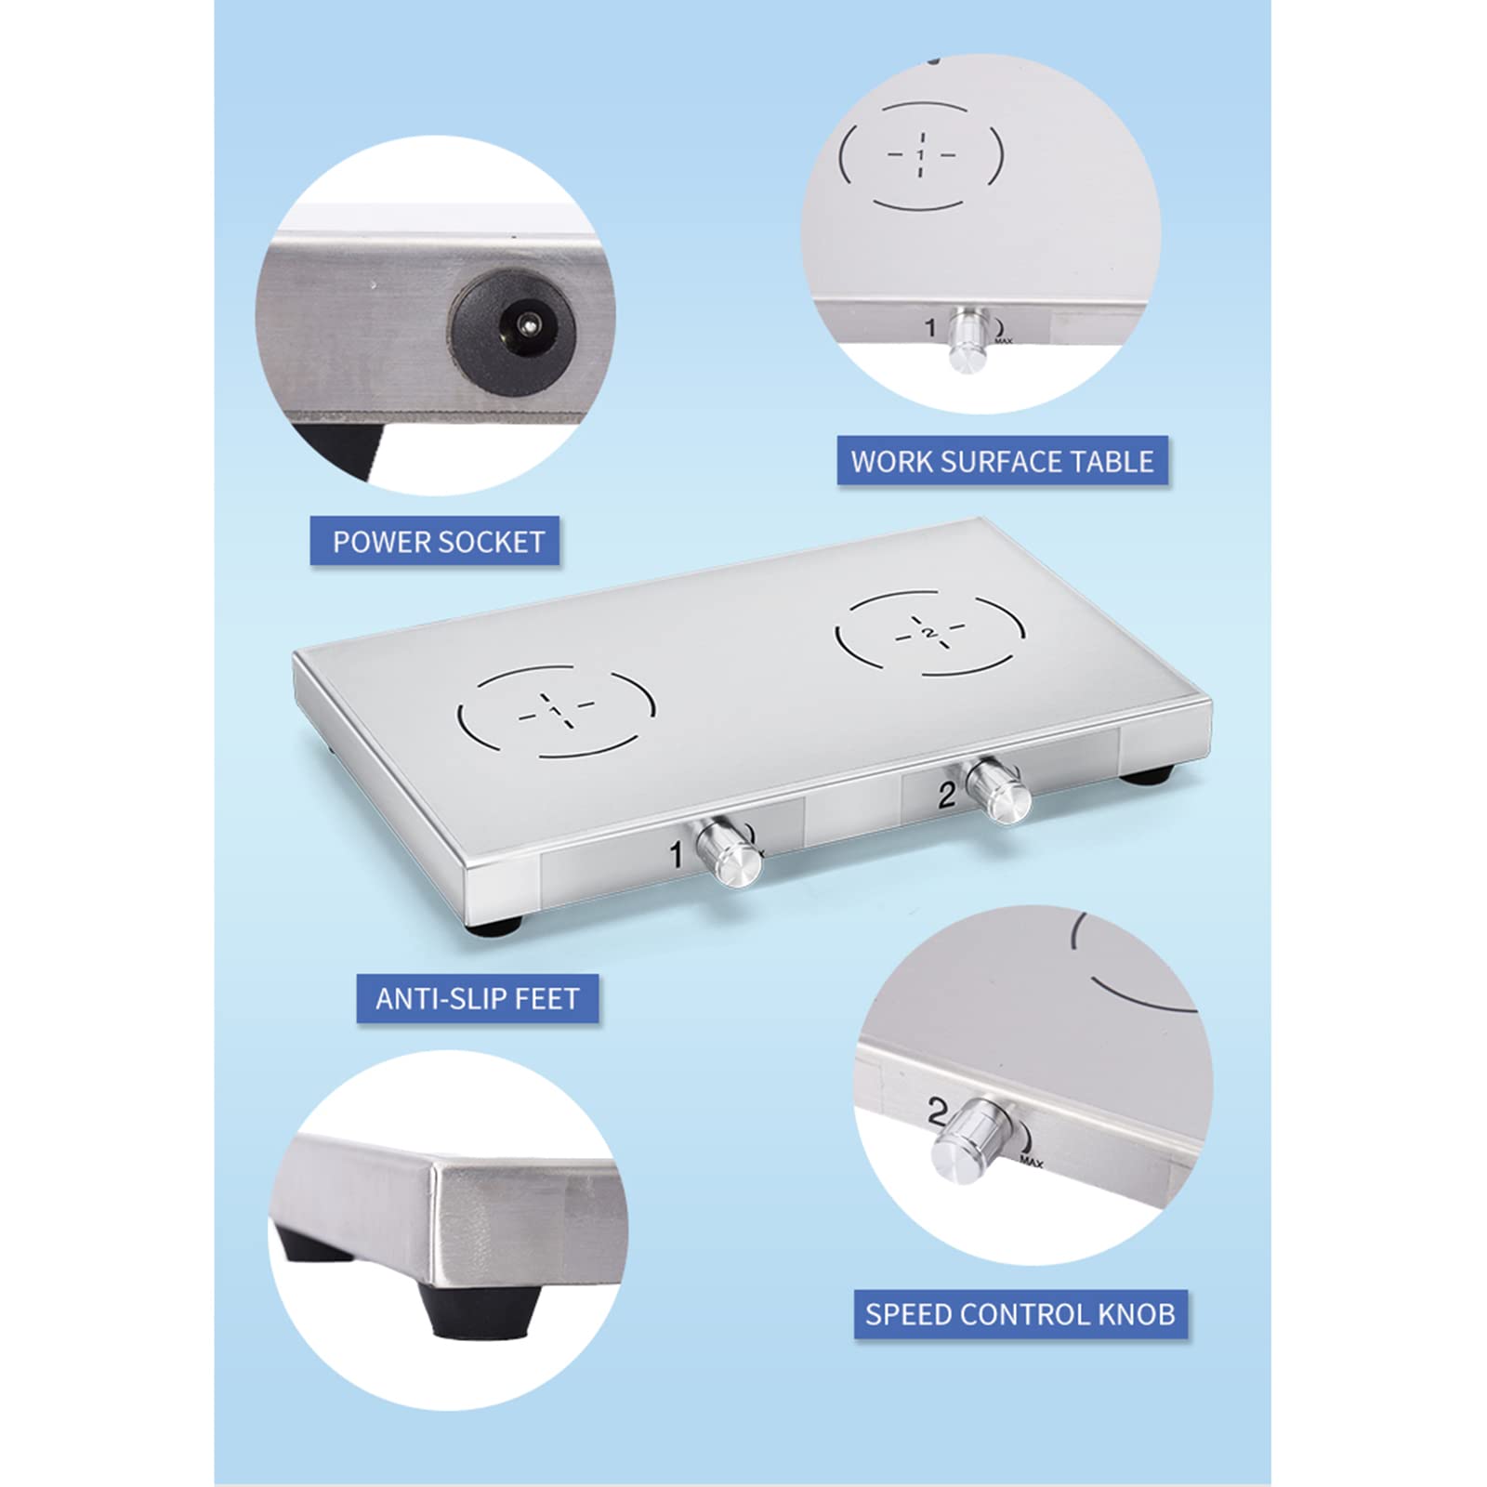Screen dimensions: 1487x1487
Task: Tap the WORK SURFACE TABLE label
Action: coord(1002,461)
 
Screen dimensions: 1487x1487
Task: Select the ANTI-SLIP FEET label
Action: coord(478,998)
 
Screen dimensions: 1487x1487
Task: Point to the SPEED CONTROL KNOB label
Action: coord(1020,1314)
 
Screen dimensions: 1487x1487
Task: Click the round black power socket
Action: coord(514,327)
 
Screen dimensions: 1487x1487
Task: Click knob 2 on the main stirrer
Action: coord(999,790)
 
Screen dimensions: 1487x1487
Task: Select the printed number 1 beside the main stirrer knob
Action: coord(677,853)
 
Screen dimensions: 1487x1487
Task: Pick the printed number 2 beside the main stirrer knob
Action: coord(946,795)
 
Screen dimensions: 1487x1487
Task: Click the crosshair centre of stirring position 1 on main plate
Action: coord(556,711)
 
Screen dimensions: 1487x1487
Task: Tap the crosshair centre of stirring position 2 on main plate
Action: coord(930,633)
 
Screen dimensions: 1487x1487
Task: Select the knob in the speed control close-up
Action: coord(973,1139)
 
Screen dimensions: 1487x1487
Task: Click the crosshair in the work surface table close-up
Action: coord(921,154)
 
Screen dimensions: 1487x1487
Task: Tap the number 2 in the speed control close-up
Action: coord(937,1112)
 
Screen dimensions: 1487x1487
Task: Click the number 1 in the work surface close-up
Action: coord(930,327)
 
